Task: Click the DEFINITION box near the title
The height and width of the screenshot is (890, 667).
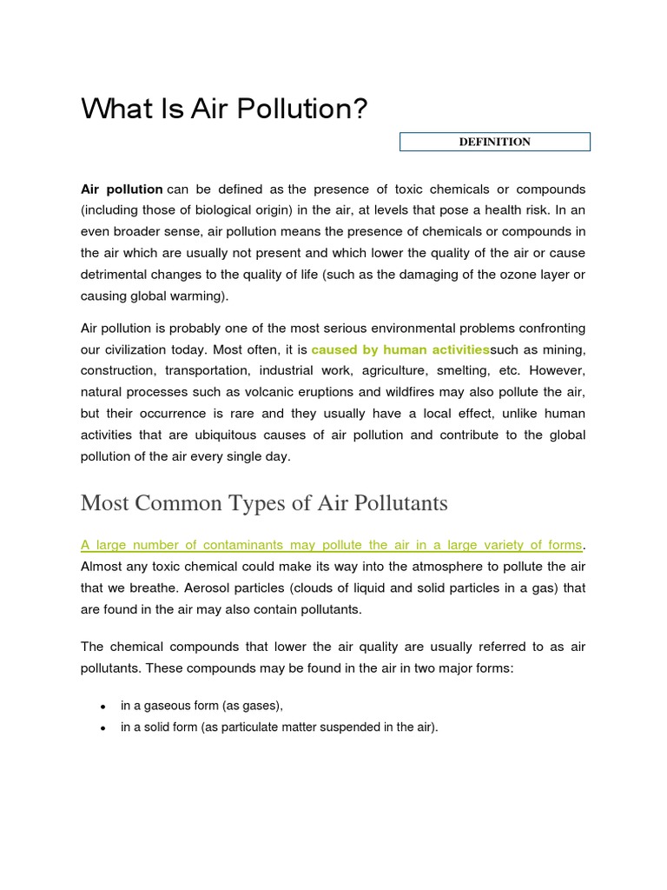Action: (495, 142)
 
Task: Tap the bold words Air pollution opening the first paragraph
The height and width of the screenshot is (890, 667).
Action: (122, 189)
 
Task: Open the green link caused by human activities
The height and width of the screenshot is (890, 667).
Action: (400, 349)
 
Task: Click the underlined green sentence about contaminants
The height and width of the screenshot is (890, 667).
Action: (331, 545)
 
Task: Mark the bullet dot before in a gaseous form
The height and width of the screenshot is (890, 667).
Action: (103, 707)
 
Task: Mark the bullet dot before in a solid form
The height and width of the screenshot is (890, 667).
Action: (103, 728)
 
